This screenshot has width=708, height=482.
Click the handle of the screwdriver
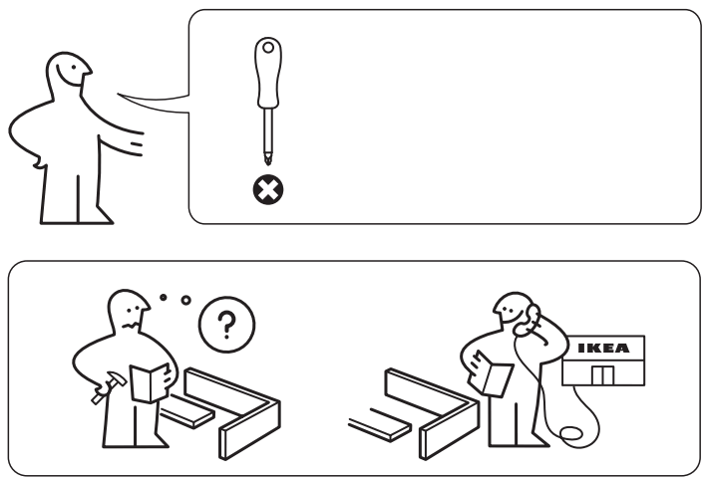(x=266, y=75)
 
